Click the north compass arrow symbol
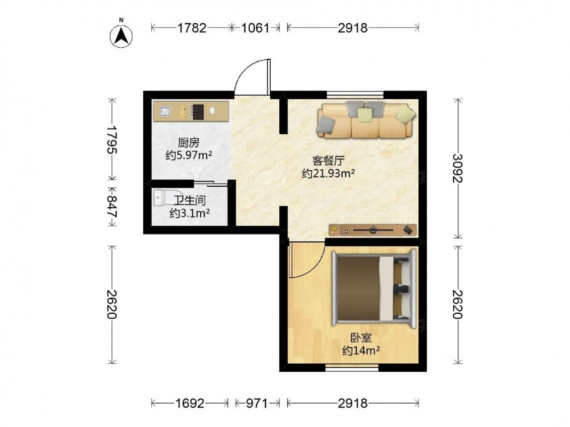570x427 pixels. [x=121, y=36]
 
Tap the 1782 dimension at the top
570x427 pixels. [x=192, y=27]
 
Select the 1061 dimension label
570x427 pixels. [x=255, y=27]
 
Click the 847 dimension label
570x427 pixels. [x=112, y=206]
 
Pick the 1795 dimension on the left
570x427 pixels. [x=112, y=140]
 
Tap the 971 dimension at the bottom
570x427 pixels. [x=257, y=403]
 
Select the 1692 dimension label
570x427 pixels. [x=190, y=403]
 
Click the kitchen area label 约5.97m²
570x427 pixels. [x=189, y=155]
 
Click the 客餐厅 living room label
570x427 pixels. [x=328, y=161]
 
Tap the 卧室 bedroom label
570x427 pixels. [x=361, y=338]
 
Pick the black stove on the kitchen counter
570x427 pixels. [x=198, y=112]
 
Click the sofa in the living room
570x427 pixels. [x=366, y=120]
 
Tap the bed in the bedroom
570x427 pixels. [x=374, y=288]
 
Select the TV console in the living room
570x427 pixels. [x=373, y=230]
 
